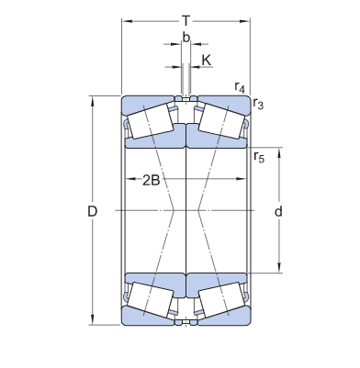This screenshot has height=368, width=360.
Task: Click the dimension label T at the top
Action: tap(186, 19)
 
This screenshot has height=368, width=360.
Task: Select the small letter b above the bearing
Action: tap(186, 39)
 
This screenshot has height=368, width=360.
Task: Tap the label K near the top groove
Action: tap(206, 60)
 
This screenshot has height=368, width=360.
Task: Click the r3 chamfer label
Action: tap(260, 106)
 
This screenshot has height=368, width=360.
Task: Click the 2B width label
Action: tap(152, 181)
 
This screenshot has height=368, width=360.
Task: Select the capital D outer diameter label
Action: tap(92, 212)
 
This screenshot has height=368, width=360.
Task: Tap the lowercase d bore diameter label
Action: tap(278, 212)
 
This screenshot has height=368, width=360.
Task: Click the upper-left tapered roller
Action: tap(151, 120)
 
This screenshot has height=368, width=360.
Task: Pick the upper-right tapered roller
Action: tap(222, 120)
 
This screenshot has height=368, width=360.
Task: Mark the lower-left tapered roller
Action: tap(151, 300)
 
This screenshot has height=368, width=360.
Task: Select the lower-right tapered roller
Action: tap(222, 300)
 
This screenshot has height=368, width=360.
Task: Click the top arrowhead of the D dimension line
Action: tap(92, 97)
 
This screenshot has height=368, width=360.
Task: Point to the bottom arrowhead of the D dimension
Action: tap(92, 323)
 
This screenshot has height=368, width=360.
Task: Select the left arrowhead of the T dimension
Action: tap(126, 19)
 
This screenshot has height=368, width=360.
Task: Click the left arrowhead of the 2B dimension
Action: tap(126, 181)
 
